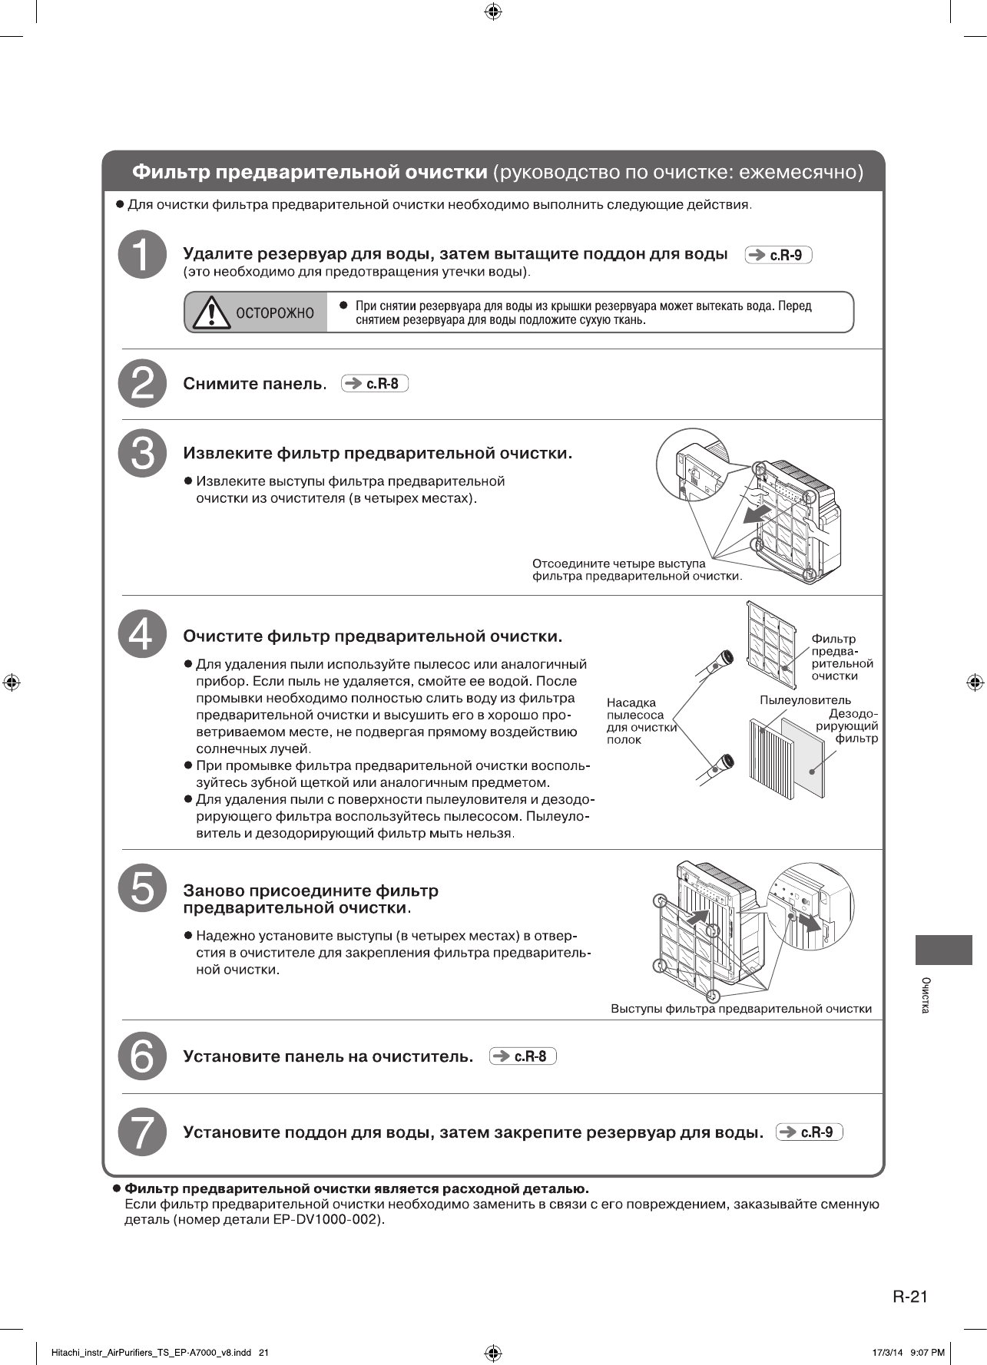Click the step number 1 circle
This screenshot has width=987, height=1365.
coord(143,254)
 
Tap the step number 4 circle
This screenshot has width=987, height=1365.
coord(143,634)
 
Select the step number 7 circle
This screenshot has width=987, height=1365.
coord(143,1132)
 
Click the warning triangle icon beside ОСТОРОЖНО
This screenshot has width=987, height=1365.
coord(211,312)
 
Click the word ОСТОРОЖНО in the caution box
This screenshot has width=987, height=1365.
coord(275,313)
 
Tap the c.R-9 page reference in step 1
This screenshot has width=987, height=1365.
coord(778,255)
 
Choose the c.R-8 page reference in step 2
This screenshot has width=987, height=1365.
coord(375,384)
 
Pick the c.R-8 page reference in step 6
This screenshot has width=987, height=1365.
coord(522,1056)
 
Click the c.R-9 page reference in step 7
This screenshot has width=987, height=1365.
coord(809,1132)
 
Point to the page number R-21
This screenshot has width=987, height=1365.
coord(910,1297)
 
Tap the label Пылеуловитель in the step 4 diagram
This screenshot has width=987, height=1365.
coord(805,700)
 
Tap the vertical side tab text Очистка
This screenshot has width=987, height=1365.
coord(926,995)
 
